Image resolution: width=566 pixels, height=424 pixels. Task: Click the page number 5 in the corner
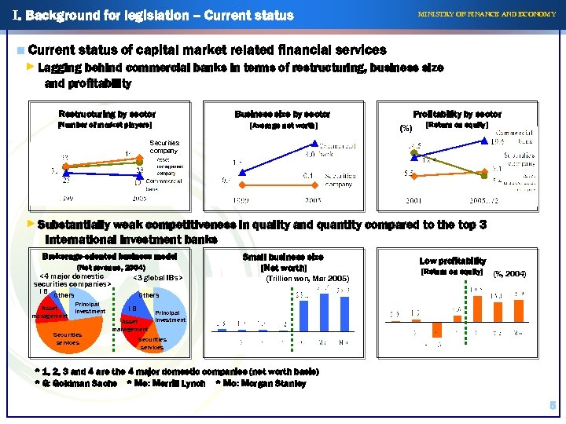553,405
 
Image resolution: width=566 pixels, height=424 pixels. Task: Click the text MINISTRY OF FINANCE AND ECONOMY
487,15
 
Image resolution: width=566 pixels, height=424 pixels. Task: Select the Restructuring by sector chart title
107,115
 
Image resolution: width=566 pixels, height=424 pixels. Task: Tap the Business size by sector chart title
283,115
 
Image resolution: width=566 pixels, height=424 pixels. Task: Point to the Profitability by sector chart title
457,115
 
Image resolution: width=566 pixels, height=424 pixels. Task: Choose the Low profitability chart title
452,261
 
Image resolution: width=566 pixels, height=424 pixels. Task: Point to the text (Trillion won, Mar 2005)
307,279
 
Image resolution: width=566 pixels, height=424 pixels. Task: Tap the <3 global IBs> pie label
157,277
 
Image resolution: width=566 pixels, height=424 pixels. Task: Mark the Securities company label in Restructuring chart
164,146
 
